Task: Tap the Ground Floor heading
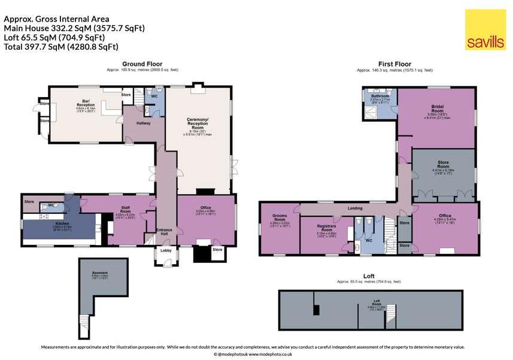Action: (x=142, y=63)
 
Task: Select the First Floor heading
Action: (x=394, y=63)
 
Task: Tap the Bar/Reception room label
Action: (x=86, y=103)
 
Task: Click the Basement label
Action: (x=100, y=273)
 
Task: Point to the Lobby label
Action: (x=167, y=250)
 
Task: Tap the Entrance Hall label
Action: (x=164, y=231)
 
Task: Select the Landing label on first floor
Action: (x=356, y=209)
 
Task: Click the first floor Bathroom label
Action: (x=380, y=96)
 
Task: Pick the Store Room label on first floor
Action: (x=444, y=166)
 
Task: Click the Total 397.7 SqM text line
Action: (x=61, y=46)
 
